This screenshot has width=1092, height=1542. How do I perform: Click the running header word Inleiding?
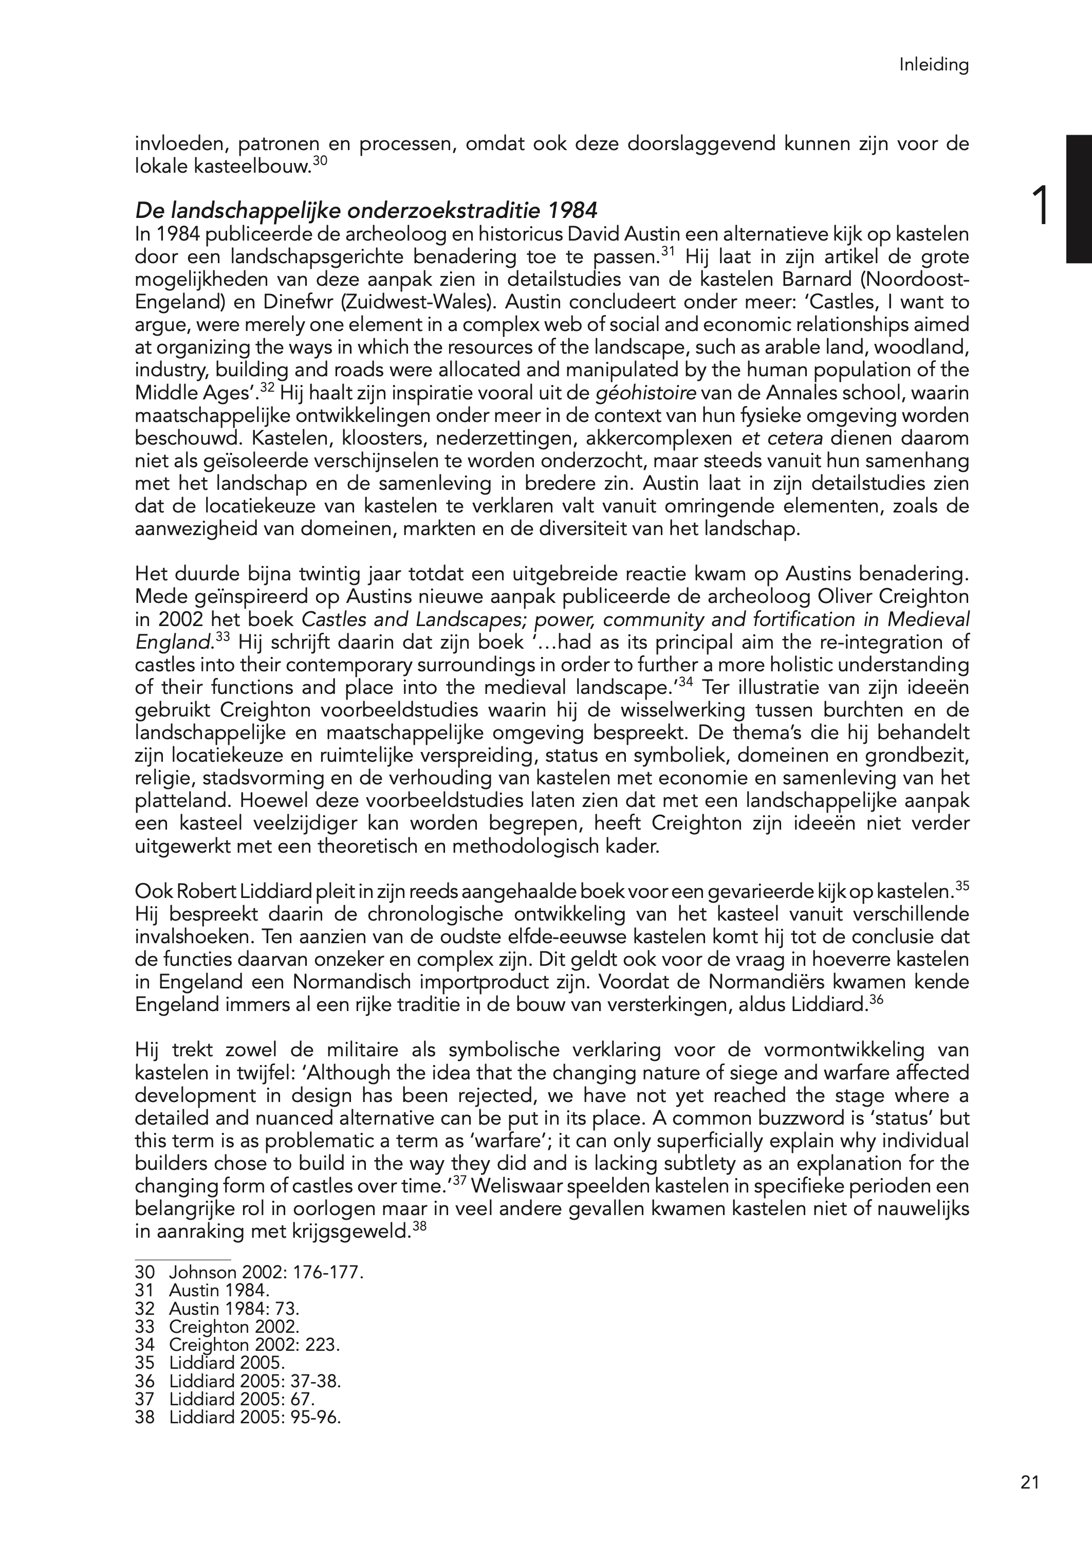(934, 65)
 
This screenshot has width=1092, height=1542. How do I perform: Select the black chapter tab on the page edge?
(1078, 198)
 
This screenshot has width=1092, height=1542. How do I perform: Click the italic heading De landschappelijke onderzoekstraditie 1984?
(366, 211)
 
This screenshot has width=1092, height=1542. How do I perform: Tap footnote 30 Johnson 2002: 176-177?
(249, 1272)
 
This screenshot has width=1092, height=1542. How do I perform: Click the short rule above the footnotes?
(183, 1258)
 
